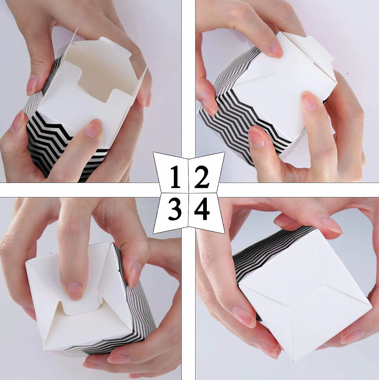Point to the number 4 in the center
coord(202,209)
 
